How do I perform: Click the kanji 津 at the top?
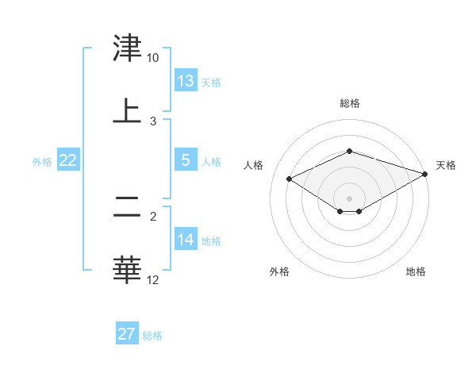click(127, 49)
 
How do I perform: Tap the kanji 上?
click(127, 111)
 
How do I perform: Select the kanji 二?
click(127, 209)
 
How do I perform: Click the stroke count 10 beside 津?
click(153, 58)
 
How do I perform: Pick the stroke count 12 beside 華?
click(153, 279)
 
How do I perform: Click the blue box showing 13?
click(186, 81)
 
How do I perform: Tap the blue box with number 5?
click(186, 160)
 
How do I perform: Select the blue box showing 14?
click(186, 240)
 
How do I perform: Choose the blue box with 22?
click(68, 160)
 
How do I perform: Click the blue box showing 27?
click(127, 334)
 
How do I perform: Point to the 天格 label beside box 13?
click(211, 83)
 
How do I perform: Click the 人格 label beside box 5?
click(211, 162)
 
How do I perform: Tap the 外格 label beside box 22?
click(42, 162)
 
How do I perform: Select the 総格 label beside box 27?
click(152, 336)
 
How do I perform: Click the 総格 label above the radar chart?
click(350, 103)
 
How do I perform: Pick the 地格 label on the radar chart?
click(416, 272)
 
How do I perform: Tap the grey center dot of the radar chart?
click(350, 198)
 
